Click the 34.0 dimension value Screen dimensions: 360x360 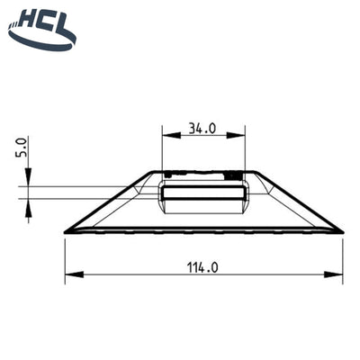202,128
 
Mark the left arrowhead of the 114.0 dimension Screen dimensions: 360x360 70,274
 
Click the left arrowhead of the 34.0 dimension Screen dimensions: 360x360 166,137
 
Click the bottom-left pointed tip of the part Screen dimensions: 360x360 66,232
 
